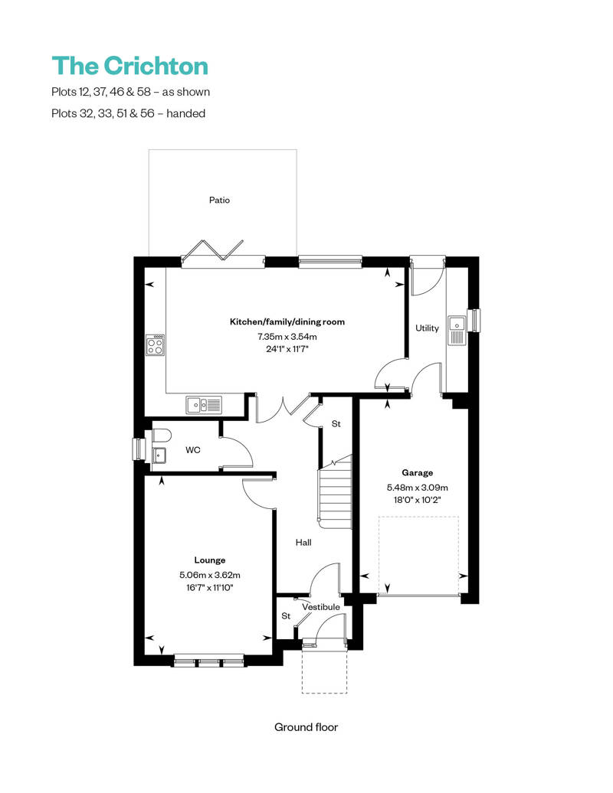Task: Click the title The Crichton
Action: pyautogui.click(x=129, y=66)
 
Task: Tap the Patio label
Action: pyautogui.click(x=219, y=200)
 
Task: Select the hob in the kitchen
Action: pyautogui.click(x=156, y=344)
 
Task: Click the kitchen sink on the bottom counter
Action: pyautogui.click(x=204, y=404)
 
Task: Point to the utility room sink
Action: pyautogui.click(x=457, y=330)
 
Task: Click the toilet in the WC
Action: pyautogui.click(x=160, y=436)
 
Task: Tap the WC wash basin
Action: pyautogui.click(x=159, y=455)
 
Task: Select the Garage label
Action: pyautogui.click(x=418, y=472)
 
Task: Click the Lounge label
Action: pyautogui.click(x=209, y=560)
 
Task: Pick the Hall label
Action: pyautogui.click(x=303, y=543)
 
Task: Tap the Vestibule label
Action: pyautogui.click(x=320, y=607)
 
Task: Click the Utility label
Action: pyautogui.click(x=427, y=328)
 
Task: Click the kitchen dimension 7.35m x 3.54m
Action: pyautogui.click(x=287, y=336)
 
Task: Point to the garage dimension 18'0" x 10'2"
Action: pyautogui.click(x=418, y=499)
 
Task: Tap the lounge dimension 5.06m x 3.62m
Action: pyautogui.click(x=209, y=574)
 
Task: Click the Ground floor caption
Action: pyautogui.click(x=306, y=727)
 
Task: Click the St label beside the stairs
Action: pyautogui.click(x=336, y=423)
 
